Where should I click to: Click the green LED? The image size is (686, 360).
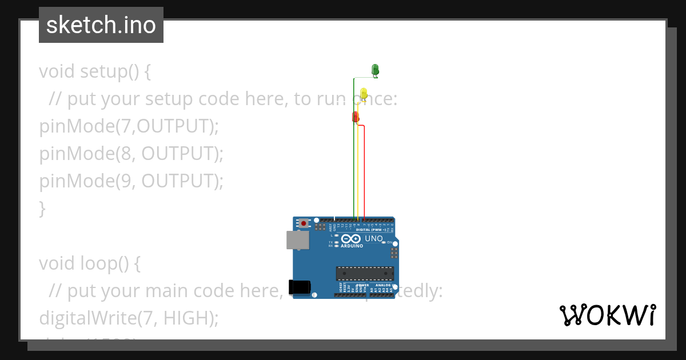pyautogui.click(x=376, y=70)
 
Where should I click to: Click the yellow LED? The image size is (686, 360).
pyautogui.click(x=364, y=93)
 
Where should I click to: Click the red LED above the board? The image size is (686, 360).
pyautogui.click(x=355, y=117)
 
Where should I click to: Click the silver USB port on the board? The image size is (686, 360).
pyautogui.click(x=298, y=240)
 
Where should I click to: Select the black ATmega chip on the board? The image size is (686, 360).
pyautogui.click(x=365, y=274)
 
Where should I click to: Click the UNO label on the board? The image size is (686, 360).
pyautogui.click(x=373, y=238)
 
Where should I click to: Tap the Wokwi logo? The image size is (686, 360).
pyautogui.click(x=608, y=315)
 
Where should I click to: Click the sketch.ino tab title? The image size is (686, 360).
pyautogui.click(x=101, y=25)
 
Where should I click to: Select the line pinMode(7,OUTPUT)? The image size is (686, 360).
pyautogui.click(x=129, y=126)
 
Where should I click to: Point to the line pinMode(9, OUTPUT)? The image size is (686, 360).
pyautogui.click(x=131, y=181)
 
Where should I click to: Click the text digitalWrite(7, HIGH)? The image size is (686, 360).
pyautogui.click(x=129, y=318)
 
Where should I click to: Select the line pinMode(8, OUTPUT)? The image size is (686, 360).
pyautogui.click(x=131, y=154)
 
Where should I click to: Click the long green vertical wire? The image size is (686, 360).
pyautogui.click(x=354, y=154)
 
